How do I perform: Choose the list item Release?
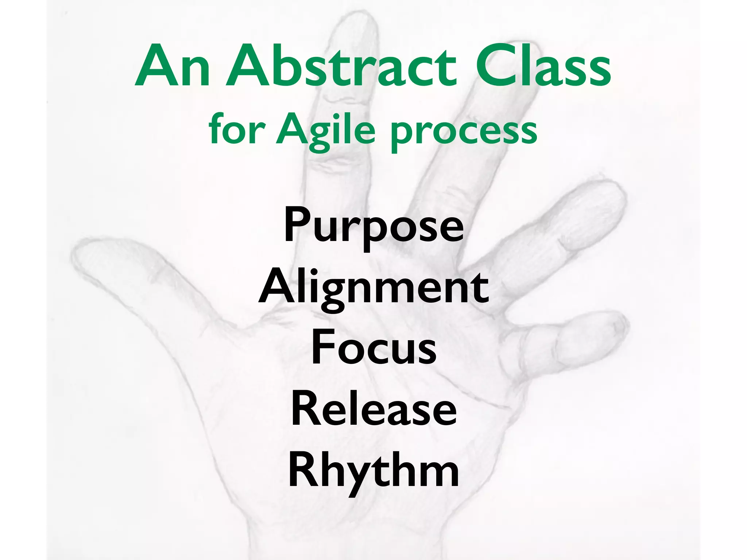[373, 410]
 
